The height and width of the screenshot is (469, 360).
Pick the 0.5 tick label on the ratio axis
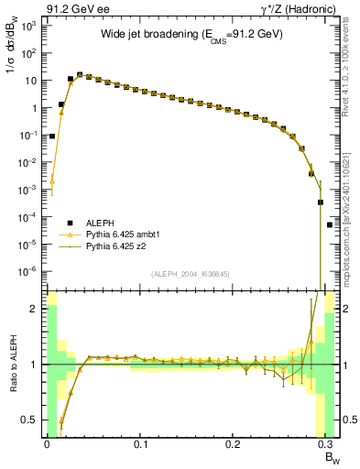point(31,420)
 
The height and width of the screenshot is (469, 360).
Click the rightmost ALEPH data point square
point(330,224)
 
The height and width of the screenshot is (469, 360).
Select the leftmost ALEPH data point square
point(52,136)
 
